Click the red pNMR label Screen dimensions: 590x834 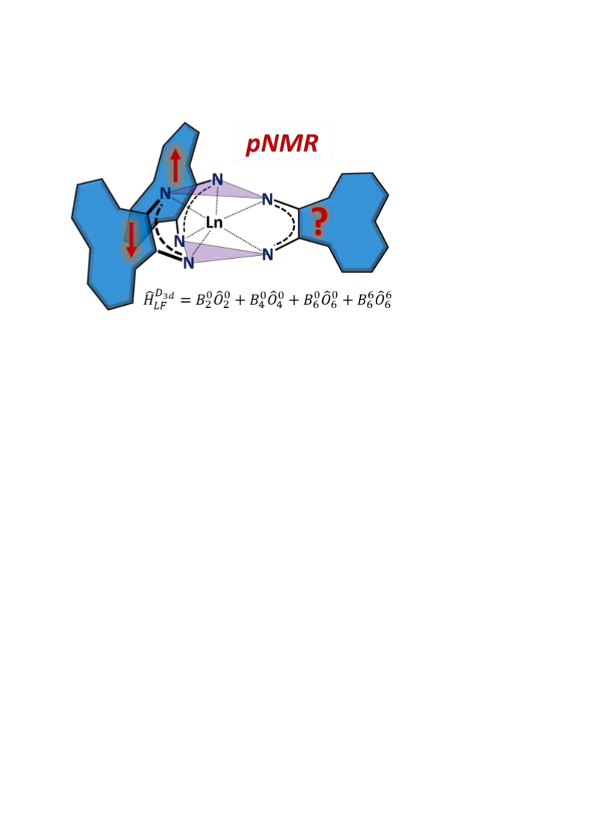[282, 144]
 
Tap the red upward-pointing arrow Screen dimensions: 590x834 [176, 165]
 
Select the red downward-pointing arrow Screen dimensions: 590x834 [131, 240]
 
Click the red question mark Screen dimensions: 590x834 [318, 222]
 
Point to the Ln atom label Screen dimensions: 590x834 [214, 223]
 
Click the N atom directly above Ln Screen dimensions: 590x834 [217, 180]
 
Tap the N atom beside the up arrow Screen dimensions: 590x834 [165, 193]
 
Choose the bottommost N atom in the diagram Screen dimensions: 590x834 [188, 263]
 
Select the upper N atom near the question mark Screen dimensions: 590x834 [268, 200]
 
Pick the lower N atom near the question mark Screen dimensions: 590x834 [268, 254]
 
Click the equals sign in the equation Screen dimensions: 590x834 [185, 301]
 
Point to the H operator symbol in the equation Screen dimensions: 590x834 [149, 300]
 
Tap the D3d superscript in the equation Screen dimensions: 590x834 [164, 294]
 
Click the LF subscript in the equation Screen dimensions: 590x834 [160, 306]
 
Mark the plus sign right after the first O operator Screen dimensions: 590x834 [240, 301]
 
